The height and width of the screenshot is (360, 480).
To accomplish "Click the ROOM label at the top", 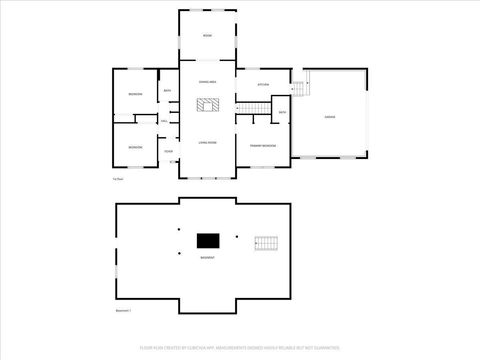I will pos(207,35).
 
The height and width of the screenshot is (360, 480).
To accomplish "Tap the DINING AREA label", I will pos(207,80).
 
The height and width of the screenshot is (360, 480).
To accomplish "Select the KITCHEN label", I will pos(264,84).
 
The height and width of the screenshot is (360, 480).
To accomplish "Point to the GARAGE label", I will pos(329,116).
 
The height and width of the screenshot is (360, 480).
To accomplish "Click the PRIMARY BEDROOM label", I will pos(263,146).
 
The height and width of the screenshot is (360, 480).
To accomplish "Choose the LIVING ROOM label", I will pos(207,142).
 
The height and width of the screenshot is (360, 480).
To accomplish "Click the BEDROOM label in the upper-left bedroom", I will pos(135,93).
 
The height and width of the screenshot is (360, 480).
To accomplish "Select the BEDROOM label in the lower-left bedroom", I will pos(135,147).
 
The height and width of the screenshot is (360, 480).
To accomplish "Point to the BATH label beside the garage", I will pos(283,112).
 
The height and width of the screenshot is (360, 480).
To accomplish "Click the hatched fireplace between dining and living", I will pos(207,102).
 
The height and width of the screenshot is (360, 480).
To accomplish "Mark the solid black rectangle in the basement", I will pos(207,240).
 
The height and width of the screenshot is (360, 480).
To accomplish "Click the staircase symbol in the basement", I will pos(265,242).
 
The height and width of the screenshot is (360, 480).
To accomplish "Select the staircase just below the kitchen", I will pos(248,107).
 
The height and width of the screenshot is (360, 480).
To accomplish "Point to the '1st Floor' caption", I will pos(118,179).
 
